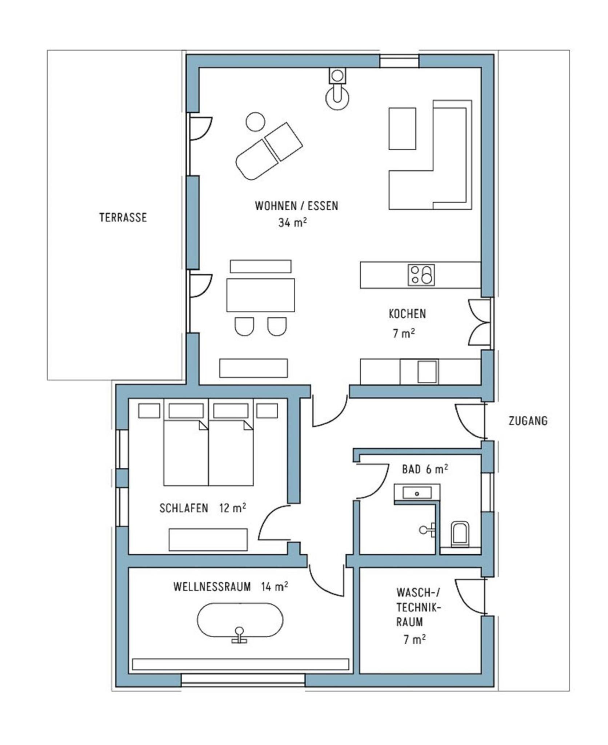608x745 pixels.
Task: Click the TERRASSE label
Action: point(123,217)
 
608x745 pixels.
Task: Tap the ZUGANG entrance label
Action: point(528,421)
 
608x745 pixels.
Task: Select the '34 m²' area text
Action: point(292,222)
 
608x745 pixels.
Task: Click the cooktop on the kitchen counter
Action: point(421,274)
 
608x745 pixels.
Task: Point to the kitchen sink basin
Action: point(427,372)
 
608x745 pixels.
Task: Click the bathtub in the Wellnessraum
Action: point(240,620)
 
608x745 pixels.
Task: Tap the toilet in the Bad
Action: point(460,534)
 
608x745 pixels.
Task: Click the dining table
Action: point(260,295)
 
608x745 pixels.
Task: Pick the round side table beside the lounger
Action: point(255,122)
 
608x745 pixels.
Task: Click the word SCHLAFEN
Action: point(184,508)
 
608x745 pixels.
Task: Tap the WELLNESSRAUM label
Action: point(212,587)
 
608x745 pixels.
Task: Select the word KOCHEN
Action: point(407,314)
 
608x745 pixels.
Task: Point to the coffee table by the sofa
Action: point(402,128)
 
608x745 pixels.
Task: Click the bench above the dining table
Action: point(261,266)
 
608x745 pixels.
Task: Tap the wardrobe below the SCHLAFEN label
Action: point(208,540)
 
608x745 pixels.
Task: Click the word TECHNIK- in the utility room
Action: point(419,607)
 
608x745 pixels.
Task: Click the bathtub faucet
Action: point(239,635)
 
